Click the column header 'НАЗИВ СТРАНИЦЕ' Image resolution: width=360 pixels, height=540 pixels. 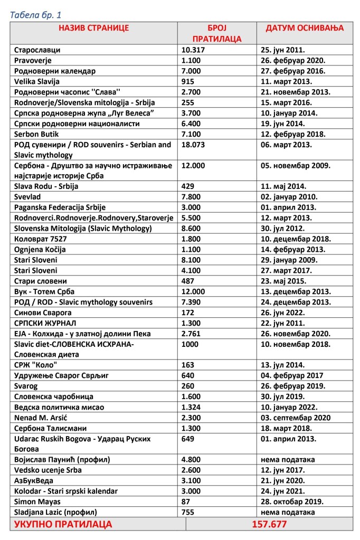click(x=93, y=28)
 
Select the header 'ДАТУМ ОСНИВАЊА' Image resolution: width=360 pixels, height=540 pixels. click(x=305, y=28)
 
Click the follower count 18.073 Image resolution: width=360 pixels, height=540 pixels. click(x=193, y=144)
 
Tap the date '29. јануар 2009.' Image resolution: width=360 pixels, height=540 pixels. click(x=288, y=260)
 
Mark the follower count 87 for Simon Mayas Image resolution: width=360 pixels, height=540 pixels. click(x=186, y=501)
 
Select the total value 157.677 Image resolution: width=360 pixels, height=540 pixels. click(x=269, y=524)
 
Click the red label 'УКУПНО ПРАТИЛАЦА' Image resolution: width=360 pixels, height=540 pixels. click(x=62, y=524)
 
